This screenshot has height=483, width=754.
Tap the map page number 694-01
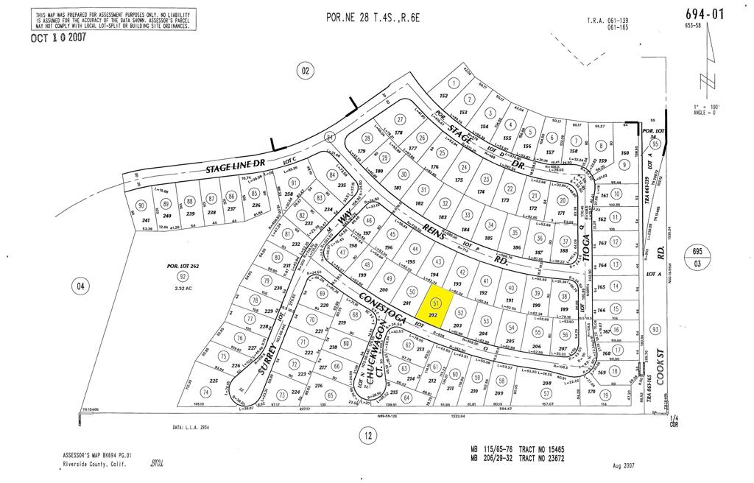704,14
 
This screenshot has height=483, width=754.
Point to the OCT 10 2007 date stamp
58,38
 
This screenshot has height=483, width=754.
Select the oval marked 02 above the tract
306,71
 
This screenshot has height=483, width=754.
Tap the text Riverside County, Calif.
96,464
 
